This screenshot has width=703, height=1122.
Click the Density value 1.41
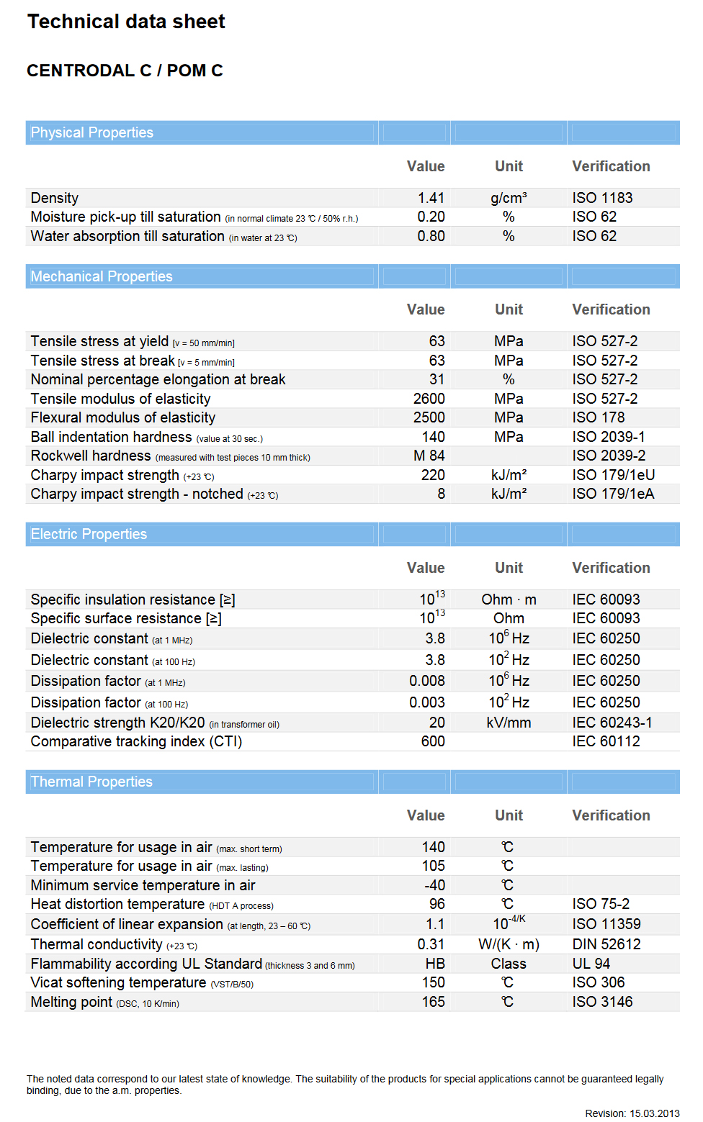click(x=431, y=198)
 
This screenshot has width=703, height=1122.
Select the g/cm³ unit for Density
click(x=509, y=198)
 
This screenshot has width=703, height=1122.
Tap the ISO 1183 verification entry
click(x=602, y=198)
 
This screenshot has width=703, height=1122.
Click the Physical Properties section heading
click(x=92, y=132)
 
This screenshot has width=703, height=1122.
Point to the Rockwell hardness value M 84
click(x=429, y=456)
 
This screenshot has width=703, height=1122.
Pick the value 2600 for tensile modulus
click(x=429, y=399)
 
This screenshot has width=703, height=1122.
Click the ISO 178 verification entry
click(x=599, y=417)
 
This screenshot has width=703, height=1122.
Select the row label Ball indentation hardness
click(x=111, y=437)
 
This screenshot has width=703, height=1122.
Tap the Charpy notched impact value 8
click(x=441, y=494)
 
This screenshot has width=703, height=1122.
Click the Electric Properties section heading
click(x=89, y=534)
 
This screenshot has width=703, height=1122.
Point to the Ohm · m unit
click(x=509, y=600)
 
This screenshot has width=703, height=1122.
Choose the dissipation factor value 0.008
click(x=427, y=681)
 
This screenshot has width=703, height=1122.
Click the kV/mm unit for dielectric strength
click(x=509, y=723)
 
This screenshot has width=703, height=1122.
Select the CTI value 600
click(x=433, y=741)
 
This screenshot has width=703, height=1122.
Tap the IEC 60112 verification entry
click(x=606, y=741)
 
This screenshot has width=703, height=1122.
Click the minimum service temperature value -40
click(x=434, y=885)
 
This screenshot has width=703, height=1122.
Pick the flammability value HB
click(x=435, y=964)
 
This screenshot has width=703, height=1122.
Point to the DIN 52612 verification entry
click(x=606, y=944)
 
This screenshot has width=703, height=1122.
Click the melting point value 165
click(x=434, y=1002)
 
